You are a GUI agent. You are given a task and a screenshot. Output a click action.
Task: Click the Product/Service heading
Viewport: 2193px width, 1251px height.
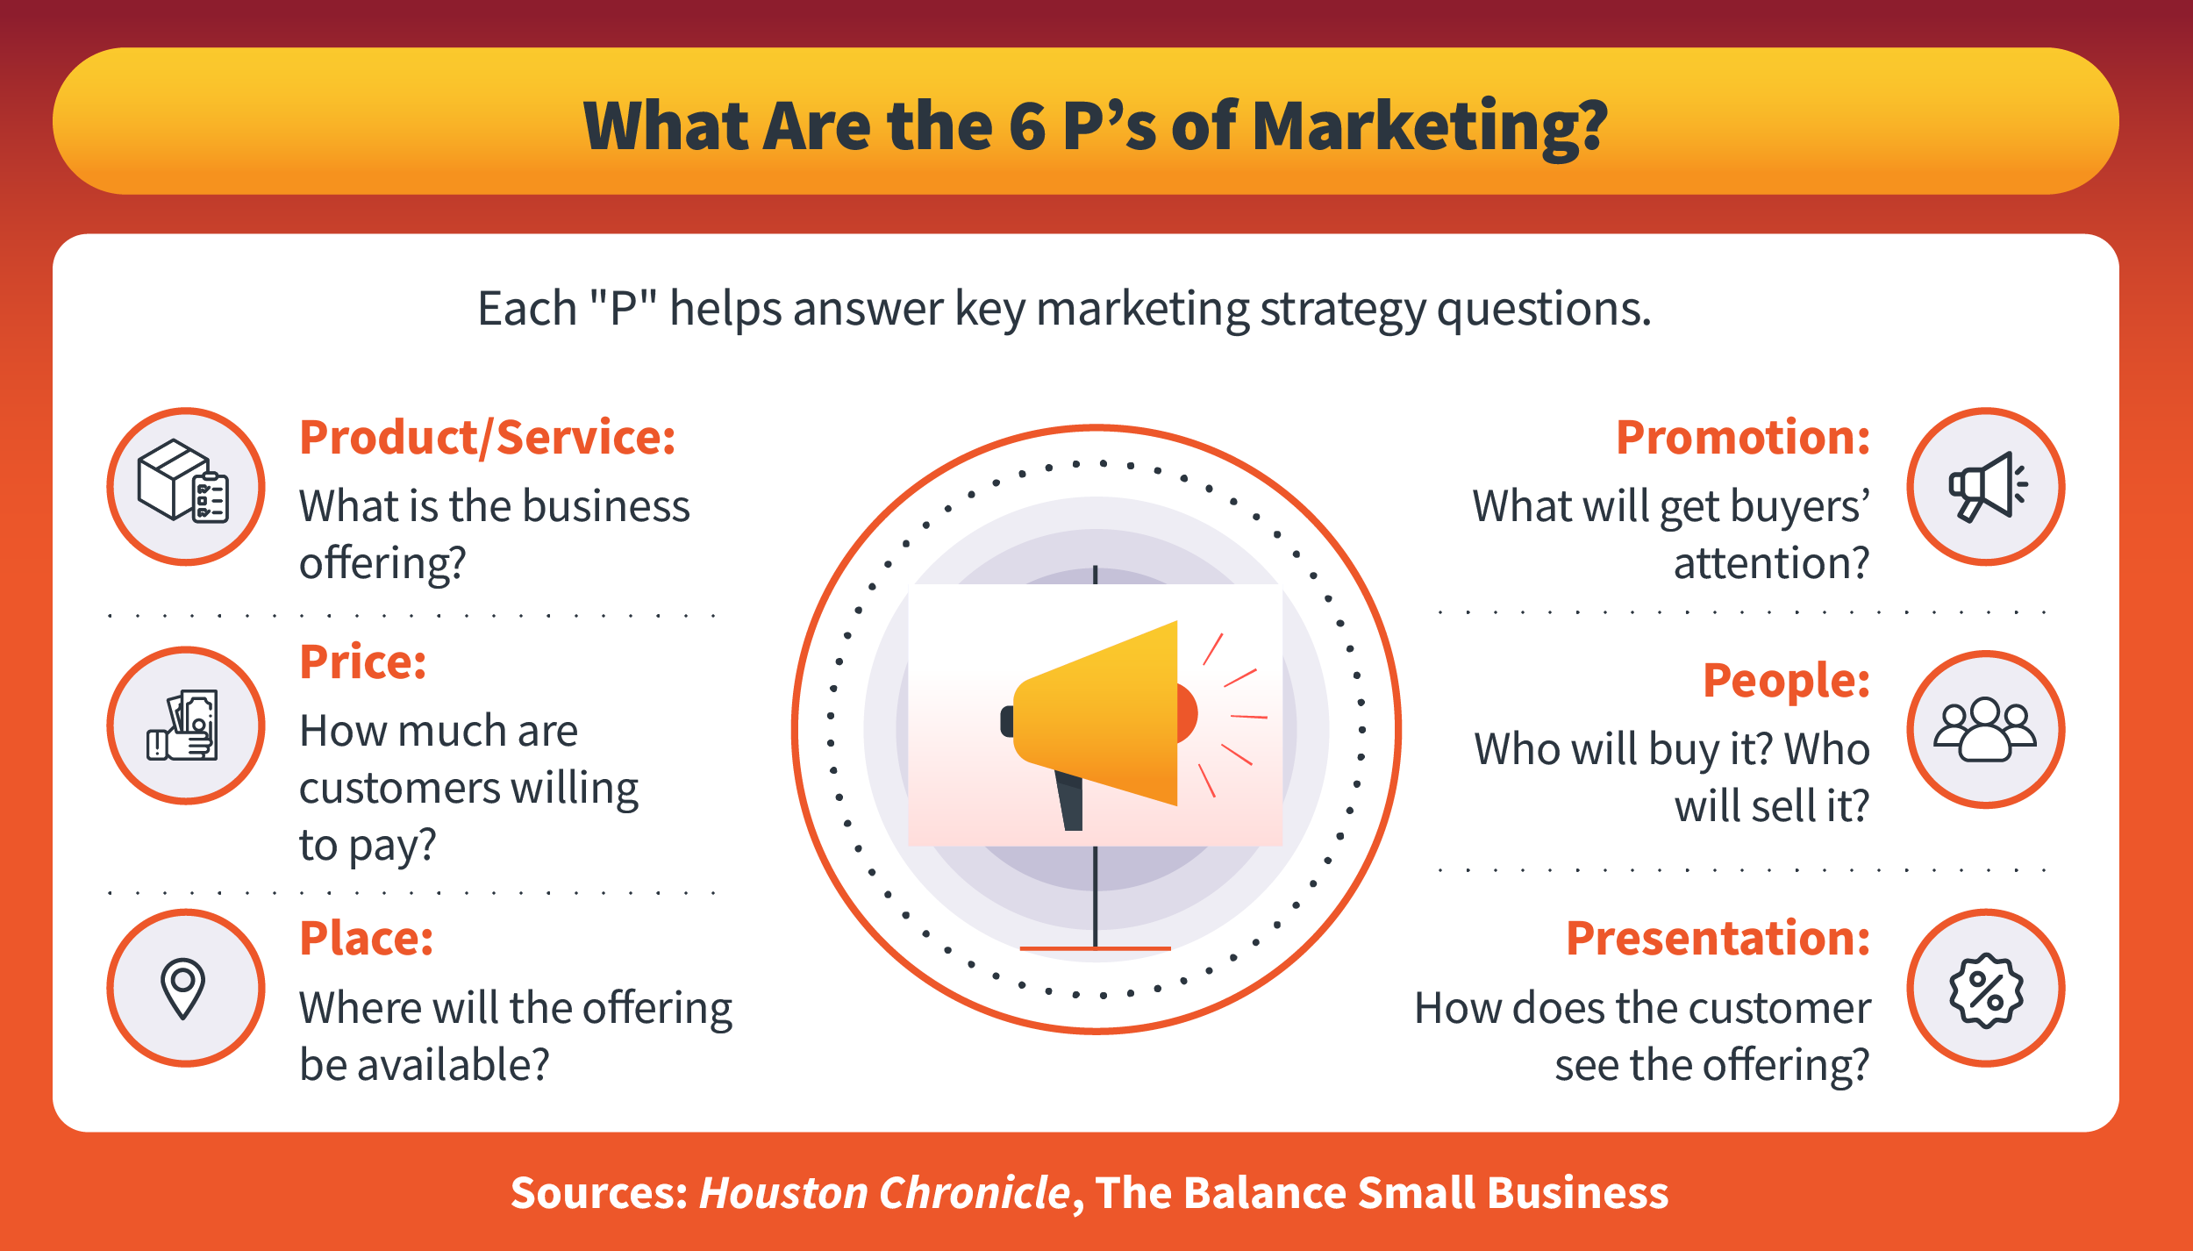click(x=487, y=438)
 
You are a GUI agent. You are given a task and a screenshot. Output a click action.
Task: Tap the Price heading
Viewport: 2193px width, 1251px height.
click(x=362, y=662)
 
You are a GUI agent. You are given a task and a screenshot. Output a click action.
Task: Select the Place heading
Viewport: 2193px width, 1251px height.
click(x=366, y=939)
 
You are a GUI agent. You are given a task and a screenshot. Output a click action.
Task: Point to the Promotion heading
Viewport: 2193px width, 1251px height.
click(x=1742, y=438)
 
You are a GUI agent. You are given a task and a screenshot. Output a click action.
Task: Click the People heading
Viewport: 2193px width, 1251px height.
click(x=1786, y=681)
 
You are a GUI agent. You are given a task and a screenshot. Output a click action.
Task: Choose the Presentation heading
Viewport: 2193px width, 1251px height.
click(x=1718, y=939)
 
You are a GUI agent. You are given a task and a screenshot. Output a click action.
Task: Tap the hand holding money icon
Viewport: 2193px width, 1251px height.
click(x=185, y=726)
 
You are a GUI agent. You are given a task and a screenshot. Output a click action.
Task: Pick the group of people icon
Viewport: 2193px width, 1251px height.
click(x=1985, y=729)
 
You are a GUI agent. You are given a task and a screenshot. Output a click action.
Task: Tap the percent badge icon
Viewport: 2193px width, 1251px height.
click(x=1986, y=989)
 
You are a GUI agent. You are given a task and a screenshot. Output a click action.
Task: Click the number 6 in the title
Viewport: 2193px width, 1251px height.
click(x=1027, y=126)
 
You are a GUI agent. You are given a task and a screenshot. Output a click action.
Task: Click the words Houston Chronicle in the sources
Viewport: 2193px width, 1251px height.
click(x=884, y=1193)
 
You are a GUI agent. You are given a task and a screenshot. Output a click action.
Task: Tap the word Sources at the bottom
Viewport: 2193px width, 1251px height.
click(x=599, y=1193)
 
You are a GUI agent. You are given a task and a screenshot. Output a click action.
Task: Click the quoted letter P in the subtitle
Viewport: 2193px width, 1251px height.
click(x=623, y=309)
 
